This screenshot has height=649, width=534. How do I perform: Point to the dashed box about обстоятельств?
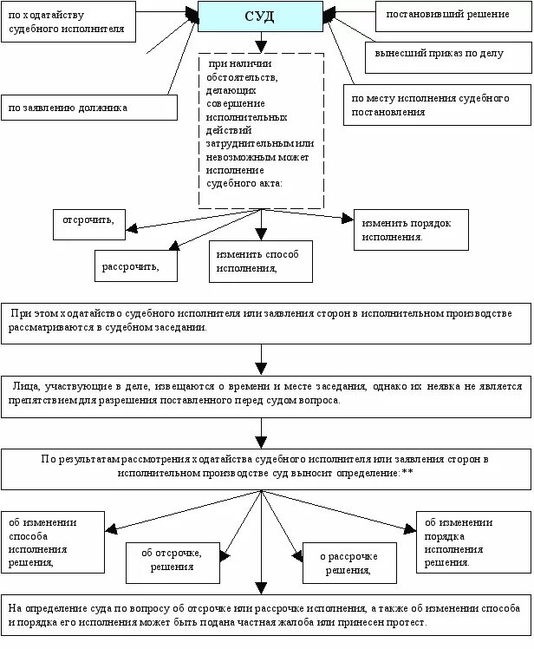point(261,130)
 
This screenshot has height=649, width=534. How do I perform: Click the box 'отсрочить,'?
point(89,221)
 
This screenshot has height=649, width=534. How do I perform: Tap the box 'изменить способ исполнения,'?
point(260,261)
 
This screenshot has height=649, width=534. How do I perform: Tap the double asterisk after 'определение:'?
point(407,472)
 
